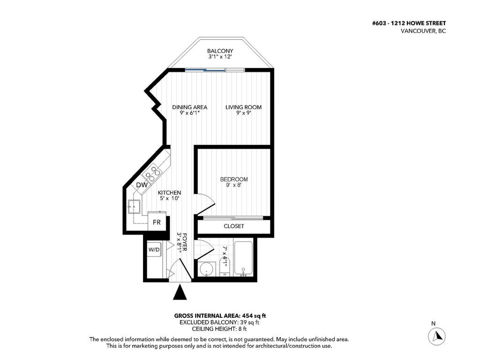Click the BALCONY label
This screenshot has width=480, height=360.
(x=220, y=51)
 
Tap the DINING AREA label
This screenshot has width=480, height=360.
(x=189, y=107)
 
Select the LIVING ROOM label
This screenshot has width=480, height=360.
(x=243, y=107)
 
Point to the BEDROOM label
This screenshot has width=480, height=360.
(x=234, y=180)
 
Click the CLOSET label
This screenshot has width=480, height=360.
(x=233, y=226)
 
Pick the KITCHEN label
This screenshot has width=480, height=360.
(x=169, y=193)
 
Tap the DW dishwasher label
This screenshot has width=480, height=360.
(x=142, y=186)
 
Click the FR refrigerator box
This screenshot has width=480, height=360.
(x=157, y=222)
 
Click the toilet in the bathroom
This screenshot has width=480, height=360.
(x=224, y=267)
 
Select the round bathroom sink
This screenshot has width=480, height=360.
(x=206, y=269)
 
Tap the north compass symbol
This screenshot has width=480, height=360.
(x=437, y=336)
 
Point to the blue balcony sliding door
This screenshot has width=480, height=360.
(x=204, y=70)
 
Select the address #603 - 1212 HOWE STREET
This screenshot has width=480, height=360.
(x=409, y=23)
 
